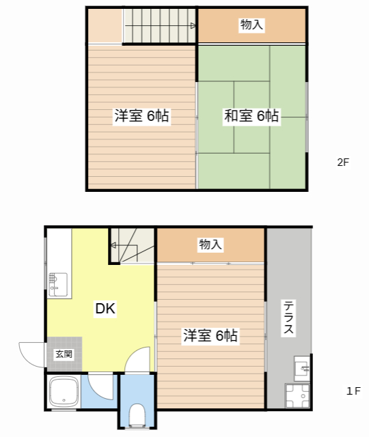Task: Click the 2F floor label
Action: (342, 163)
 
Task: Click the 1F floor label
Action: (353, 391)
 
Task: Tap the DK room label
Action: (105, 309)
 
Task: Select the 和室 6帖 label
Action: (251, 116)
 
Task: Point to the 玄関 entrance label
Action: (64, 354)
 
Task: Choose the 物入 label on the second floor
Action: (251, 25)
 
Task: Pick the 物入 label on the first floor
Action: (210, 244)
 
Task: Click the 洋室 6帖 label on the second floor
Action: (141, 116)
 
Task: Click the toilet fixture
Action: (137, 413)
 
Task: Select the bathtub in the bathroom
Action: (65, 393)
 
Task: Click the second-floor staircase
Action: (160, 26)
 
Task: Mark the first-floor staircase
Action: (133, 244)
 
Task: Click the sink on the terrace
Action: (301, 368)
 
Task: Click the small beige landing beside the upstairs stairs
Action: (104, 26)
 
